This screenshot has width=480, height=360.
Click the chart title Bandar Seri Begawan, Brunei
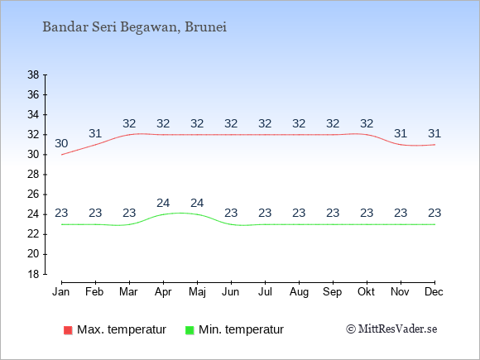[134, 27]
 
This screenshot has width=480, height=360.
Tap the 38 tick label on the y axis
[33, 74]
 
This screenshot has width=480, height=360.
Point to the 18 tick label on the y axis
[33, 274]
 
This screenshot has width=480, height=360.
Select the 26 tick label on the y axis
[33, 194]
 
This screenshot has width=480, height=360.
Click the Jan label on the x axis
[61, 292]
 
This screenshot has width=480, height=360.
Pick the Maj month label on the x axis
[197, 292]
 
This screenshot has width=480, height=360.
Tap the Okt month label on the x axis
[366, 292]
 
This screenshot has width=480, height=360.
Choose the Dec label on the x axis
[434, 292]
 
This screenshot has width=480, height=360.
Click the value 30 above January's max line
[61, 143]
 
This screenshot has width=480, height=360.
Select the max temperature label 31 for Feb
[95, 133]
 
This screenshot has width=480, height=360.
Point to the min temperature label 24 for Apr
[163, 203]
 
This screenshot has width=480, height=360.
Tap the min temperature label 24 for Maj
[197, 203]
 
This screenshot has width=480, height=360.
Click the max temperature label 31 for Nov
[401, 133]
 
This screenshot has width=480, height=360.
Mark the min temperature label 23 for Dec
[434, 213]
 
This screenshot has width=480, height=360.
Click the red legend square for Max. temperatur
[68, 330]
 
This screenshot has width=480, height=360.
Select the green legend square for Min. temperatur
[190, 330]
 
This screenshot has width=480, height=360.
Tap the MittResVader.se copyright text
[391, 329]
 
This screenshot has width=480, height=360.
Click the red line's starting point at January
[62, 155]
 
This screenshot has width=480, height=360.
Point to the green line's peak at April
[164, 214]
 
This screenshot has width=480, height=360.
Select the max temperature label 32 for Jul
[265, 123]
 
